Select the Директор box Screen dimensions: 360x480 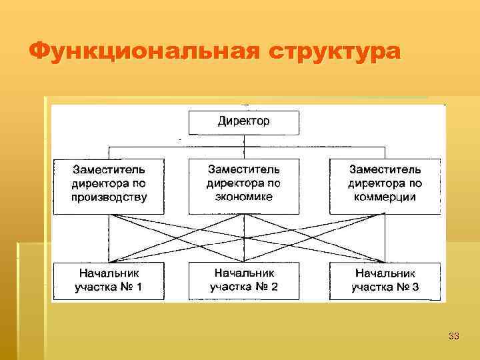pos(243,123)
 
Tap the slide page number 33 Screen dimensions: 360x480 pos(454,336)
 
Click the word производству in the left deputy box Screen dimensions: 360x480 pos(109,197)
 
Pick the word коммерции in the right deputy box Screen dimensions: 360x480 pos(384,197)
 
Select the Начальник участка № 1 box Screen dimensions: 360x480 pos(109,281)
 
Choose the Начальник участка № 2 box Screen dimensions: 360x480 pos(243,281)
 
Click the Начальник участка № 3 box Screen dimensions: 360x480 pos(385,281)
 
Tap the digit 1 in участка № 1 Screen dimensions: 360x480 pos(138,288)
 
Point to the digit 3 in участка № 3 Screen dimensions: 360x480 pos(416,288)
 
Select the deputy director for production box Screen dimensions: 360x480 pos(109,185)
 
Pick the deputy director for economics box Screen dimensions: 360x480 pos(243,185)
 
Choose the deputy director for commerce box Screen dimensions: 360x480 pos(385,185)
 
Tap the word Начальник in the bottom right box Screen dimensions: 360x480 pos(385,274)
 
